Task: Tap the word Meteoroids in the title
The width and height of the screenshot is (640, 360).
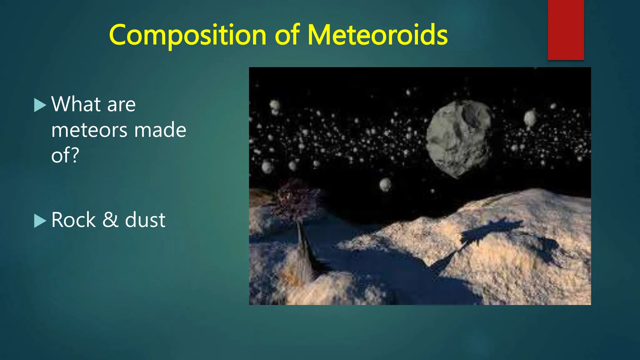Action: tap(377, 35)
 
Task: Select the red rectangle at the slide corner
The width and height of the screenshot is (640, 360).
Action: tap(566, 30)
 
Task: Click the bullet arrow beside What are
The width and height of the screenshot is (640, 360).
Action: tap(40, 105)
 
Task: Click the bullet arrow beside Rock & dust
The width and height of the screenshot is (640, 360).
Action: tap(40, 221)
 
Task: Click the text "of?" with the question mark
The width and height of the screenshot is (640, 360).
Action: tap(65, 155)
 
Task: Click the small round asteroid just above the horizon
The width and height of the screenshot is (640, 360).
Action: tap(385, 184)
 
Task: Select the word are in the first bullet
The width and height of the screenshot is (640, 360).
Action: tap(121, 105)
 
